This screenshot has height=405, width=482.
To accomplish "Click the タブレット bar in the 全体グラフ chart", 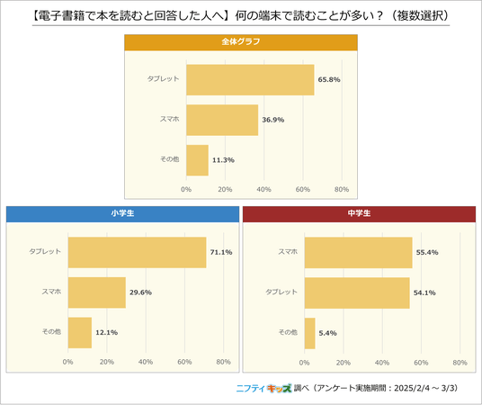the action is (250, 80).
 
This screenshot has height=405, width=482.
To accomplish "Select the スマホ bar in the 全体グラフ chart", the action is (222, 120).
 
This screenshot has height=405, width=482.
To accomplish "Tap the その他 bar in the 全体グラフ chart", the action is (197, 160).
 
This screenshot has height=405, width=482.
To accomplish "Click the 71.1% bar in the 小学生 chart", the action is (137, 252).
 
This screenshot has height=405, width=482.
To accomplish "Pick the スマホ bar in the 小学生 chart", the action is (97, 292).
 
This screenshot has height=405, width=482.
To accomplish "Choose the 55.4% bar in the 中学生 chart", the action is (359, 253).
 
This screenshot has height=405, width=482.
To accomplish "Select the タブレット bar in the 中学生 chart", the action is (357, 293).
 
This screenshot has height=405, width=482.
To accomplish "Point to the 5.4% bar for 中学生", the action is (310, 333).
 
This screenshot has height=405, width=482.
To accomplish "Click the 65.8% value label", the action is (329, 80).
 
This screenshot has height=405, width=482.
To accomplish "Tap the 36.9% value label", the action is (273, 120).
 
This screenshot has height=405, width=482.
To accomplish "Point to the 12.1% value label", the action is (107, 332).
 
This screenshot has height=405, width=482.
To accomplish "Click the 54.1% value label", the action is (424, 292).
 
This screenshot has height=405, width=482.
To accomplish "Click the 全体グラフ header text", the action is (241, 41).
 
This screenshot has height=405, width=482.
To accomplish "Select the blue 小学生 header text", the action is (122, 213).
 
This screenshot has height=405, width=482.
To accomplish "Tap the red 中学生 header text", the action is (359, 213).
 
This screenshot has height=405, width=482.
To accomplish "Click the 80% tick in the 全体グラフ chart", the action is (342, 190).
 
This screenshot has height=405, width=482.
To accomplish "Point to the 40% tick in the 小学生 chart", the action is (146, 362).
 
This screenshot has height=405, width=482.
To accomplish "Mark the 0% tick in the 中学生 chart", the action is (304, 363).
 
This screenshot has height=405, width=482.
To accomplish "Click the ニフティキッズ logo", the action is (263, 389).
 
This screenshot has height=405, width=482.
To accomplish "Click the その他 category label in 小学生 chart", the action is (51, 332).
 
